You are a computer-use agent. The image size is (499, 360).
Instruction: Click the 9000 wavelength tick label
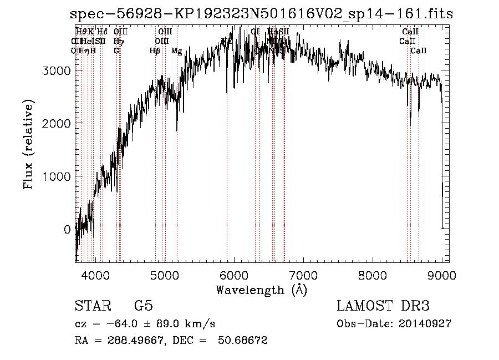click(441, 275)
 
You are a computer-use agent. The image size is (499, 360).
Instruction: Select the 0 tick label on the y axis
click(67, 229)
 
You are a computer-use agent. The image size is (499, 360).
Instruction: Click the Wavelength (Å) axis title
click(261, 290)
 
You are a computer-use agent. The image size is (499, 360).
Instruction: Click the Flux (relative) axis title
click(28, 145)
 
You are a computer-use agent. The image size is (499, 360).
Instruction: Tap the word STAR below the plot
click(91, 306)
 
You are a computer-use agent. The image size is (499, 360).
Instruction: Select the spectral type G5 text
click(143, 306)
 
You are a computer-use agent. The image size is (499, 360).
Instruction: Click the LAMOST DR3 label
click(383, 306)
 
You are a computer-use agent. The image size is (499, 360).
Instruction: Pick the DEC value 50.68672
click(243, 341)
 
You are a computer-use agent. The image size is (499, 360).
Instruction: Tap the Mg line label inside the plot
click(176, 51)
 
